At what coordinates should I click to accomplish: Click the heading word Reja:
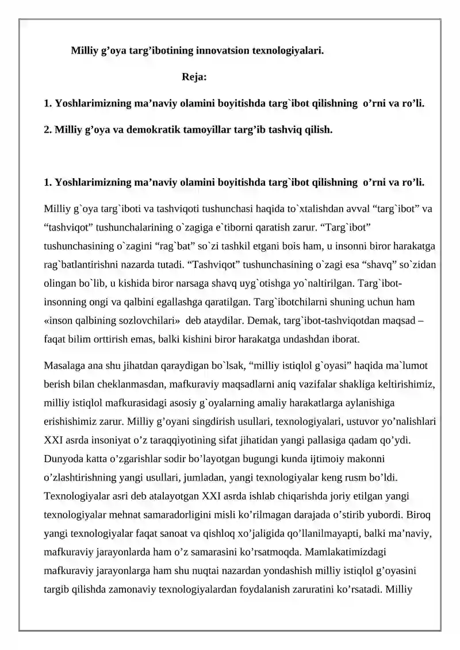pyautogui.click(x=194, y=76)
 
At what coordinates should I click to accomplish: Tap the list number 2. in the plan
pyautogui.click(x=48, y=129)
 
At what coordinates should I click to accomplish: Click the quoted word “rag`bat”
pyautogui.click(x=175, y=246)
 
